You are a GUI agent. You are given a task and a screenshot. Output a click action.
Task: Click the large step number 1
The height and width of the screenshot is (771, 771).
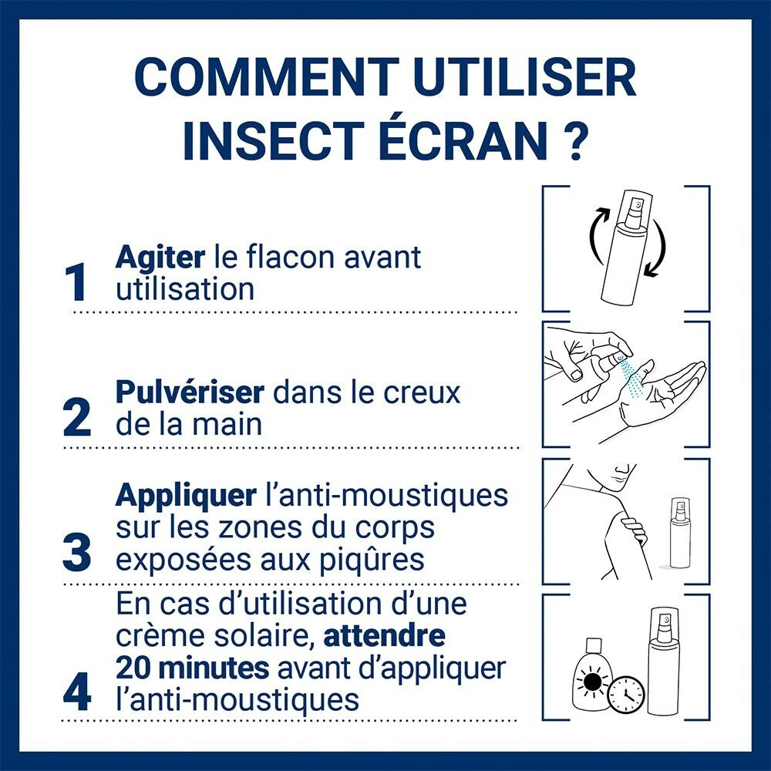click(x=77, y=283)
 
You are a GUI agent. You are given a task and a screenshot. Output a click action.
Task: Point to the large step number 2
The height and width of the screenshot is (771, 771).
click(x=77, y=418)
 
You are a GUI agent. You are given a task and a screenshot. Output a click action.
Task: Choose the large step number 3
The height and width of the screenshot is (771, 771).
click(x=77, y=554)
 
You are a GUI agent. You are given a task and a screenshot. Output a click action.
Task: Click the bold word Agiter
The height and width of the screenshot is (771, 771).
click(x=160, y=258)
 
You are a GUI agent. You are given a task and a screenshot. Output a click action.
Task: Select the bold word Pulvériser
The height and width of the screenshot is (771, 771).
click(x=190, y=392)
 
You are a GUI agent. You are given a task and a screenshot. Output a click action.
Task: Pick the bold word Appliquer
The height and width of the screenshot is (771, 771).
click(x=186, y=497)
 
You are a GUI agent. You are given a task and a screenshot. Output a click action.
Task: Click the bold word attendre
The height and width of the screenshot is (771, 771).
click(x=385, y=635)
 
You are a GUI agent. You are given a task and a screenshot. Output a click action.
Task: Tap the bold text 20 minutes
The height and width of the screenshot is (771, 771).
click(x=192, y=668)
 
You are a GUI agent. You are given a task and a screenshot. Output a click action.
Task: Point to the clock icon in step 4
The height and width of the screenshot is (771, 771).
click(x=626, y=695)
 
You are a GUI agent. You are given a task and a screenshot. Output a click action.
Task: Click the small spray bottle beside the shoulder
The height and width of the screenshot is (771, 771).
click(x=679, y=534)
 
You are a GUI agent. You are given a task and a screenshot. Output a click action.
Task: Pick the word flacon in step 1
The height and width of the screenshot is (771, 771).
click(x=291, y=258)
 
